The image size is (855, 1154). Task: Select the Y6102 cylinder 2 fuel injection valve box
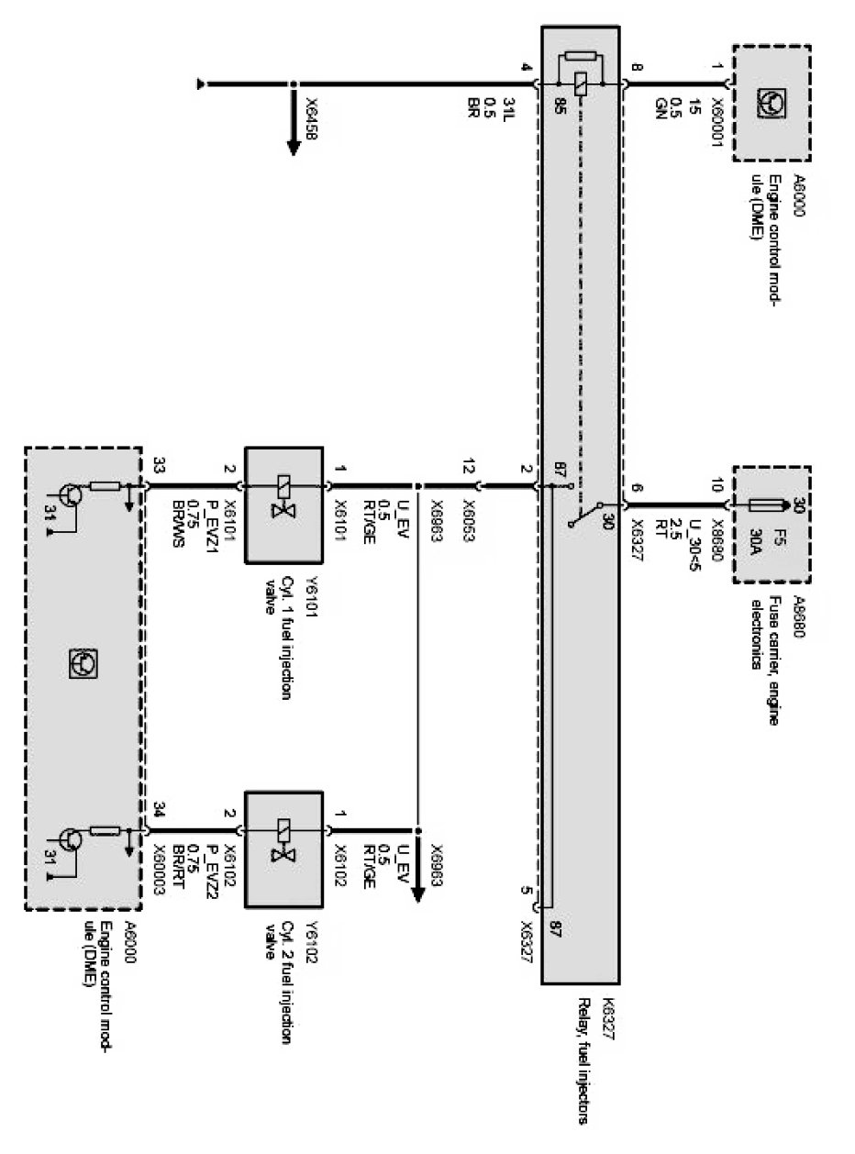[x=283, y=849]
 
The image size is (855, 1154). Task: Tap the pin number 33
[x=161, y=467]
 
